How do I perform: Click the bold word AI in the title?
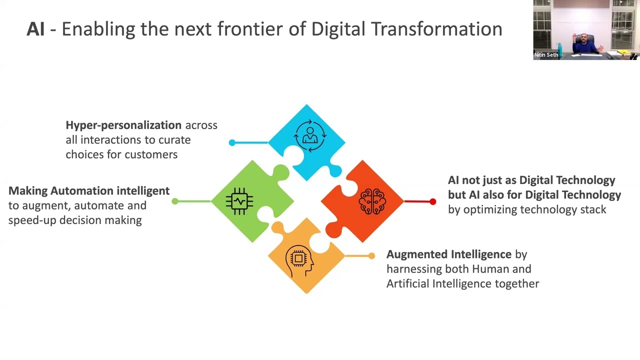click(x=35, y=29)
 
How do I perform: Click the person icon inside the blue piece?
click(x=310, y=135)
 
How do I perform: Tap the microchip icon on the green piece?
click(x=239, y=201)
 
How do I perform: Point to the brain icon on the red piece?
click(x=372, y=201)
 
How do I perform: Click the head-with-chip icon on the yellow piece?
click(x=299, y=259)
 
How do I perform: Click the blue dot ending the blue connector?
click(x=232, y=143)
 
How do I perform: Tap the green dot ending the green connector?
click(x=174, y=201)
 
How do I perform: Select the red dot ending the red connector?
click(x=432, y=201)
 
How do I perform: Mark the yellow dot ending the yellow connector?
click(x=371, y=256)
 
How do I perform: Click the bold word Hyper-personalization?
click(x=123, y=125)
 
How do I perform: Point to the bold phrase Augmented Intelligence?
click(x=449, y=254)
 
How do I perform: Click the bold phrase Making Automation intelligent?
click(x=89, y=190)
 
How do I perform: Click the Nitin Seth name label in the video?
click(x=546, y=55)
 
